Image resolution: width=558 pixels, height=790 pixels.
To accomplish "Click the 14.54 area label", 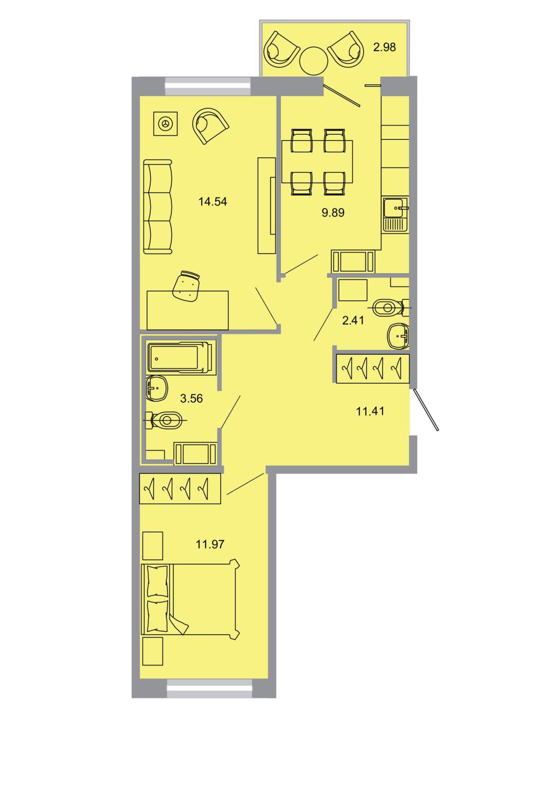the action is (212, 202).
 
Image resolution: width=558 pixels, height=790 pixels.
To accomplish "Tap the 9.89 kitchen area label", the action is (333, 212).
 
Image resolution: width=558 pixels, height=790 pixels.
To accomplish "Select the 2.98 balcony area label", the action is (385, 47).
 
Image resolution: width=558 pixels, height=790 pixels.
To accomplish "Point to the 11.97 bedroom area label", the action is (210, 544).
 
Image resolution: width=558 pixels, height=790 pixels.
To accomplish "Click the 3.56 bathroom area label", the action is (191, 399).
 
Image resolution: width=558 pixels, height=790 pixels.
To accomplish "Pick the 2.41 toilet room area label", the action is (353, 320).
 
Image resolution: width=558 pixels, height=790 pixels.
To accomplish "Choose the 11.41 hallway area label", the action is (370, 411).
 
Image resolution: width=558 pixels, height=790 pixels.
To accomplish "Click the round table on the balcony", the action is (314, 61).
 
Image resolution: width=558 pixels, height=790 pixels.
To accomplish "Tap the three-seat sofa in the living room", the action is (158, 207).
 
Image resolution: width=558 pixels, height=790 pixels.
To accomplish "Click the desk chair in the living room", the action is (186, 286).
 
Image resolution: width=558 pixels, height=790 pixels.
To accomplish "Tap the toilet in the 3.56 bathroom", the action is (165, 420).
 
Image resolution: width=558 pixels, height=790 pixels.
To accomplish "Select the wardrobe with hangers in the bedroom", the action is (180, 489).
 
